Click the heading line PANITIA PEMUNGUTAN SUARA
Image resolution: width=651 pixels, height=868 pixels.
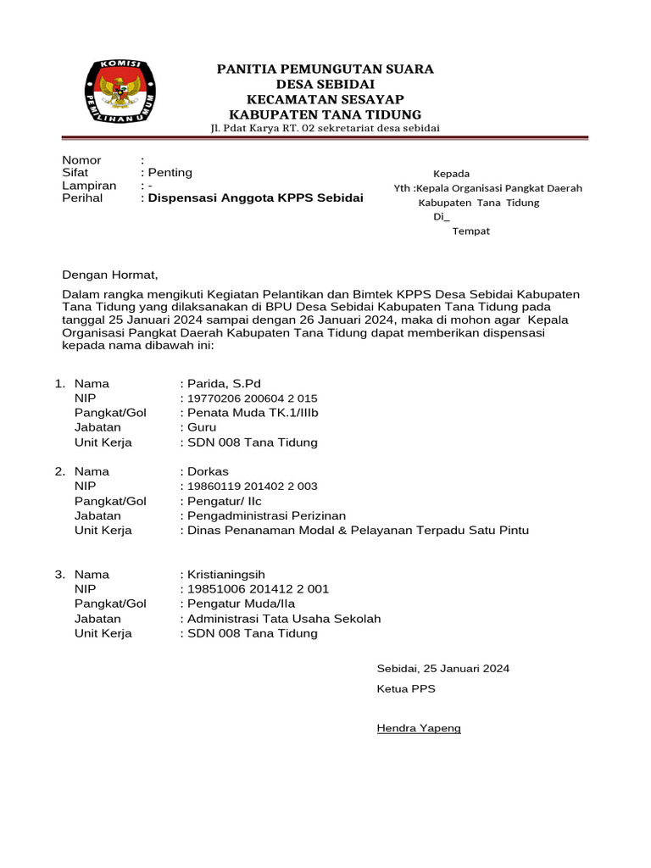click(x=325, y=69)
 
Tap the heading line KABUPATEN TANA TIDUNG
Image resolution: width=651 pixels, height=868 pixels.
click(x=325, y=114)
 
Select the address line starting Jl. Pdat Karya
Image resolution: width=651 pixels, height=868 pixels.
click(x=325, y=129)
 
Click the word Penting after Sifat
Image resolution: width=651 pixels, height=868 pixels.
click(x=170, y=173)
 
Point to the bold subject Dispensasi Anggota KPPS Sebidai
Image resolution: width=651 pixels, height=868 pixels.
click(x=255, y=198)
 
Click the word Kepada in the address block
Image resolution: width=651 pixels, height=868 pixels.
click(x=451, y=174)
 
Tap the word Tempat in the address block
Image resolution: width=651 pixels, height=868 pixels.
click(x=470, y=231)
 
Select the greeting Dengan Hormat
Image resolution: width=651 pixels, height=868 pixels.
click(x=110, y=275)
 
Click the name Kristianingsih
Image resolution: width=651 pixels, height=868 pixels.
click(x=229, y=574)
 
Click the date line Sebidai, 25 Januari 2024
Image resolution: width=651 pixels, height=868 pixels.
click(x=442, y=669)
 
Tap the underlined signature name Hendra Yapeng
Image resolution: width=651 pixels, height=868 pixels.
click(x=419, y=728)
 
